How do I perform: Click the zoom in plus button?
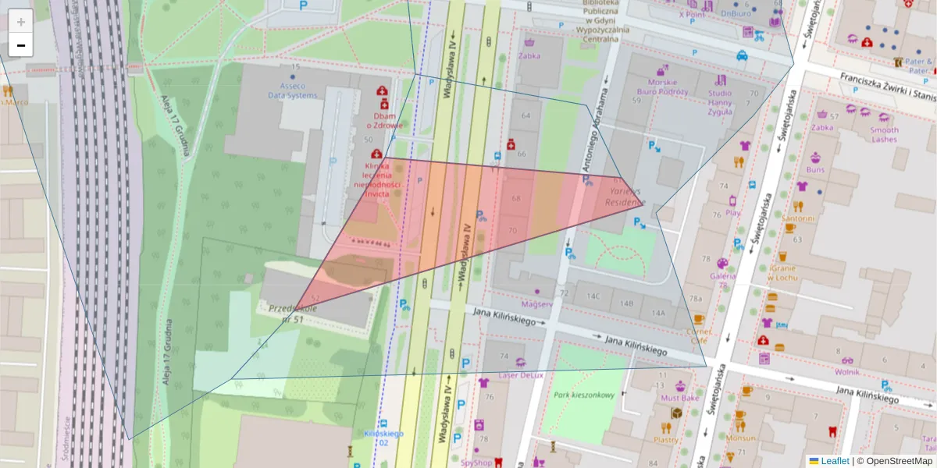tap(21, 22)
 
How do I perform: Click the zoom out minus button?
tap(21, 45)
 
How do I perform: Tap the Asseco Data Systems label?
tap(293, 90)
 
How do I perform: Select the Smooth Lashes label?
tap(884, 134)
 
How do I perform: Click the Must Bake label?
tap(680, 398)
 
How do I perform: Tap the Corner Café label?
tap(698, 335)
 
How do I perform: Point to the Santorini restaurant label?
tap(799, 219)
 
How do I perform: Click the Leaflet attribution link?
tap(835, 461)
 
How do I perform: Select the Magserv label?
tap(536, 303)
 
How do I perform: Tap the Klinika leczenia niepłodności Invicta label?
tap(377, 180)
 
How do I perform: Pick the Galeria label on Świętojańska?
tap(722, 275)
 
